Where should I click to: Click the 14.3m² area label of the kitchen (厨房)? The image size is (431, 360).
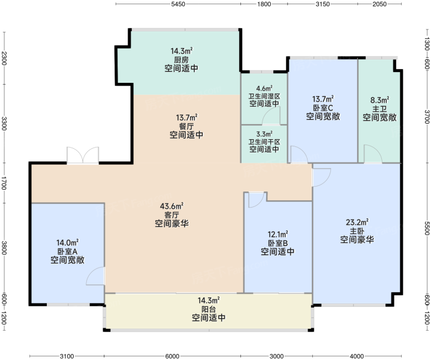pyautogui.click(x=182, y=51)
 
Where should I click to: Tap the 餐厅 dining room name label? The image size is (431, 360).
pyautogui.click(x=186, y=127)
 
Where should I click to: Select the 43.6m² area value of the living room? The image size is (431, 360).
pyautogui.click(x=172, y=206)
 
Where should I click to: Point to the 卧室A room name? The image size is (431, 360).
pyautogui.click(x=67, y=251)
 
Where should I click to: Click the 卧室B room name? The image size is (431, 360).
pyautogui.click(x=278, y=244)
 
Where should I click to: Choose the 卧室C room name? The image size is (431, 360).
pyautogui.click(x=323, y=108)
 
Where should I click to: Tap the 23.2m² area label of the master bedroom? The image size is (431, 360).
pyautogui.click(x=357, y=222)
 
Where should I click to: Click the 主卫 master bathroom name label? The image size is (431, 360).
pyautogui.click(x=379, y=109)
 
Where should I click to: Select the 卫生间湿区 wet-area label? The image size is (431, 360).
pyautogui.click(x=264, y=97)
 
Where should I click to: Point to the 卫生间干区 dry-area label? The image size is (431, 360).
pyautogui.click(x=264, y=142)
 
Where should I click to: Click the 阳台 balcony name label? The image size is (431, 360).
pyautogui.click(x=209, y=310)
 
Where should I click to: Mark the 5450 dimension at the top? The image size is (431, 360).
pyautogui.click(x=178, y=4)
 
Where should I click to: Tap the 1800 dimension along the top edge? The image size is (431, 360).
pyautogui.click(x=264, y=4)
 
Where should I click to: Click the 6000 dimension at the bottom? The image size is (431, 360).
pyautogui.click(x=173, y=356)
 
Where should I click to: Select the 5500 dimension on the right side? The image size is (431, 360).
pyautogui.click(x=427, y=229)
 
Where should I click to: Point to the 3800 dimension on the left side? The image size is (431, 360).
pyautogui.click(x=4, y=248)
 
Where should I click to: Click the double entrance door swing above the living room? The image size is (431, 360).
pyautogui.click(x=83, y=155)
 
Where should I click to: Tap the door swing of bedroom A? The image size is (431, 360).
pyautogui.click(x=95, y=276)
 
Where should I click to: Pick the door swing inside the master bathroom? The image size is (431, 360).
pyautogui.click(x=373, y=154)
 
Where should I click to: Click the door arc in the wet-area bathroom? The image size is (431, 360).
pyautogui.click(x=271, y=116)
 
